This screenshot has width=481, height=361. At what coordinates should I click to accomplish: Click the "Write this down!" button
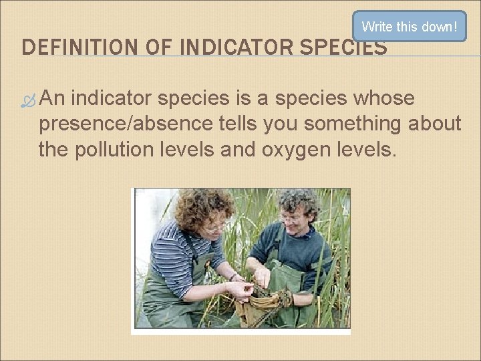pyautogui.click(x=409, y=27)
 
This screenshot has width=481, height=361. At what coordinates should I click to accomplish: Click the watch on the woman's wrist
pyautogui.click(x=233, y=276)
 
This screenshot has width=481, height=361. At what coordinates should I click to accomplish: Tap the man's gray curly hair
pyautogui.click(x=298, y=201)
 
